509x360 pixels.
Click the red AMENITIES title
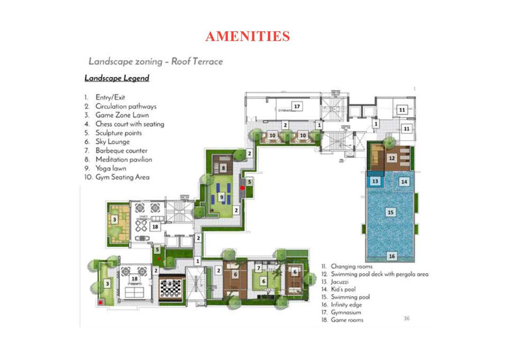[247, 36]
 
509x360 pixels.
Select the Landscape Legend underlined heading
[117, 78]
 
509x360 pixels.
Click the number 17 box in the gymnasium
[296, 106]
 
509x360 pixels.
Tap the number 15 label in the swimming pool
[390, 212]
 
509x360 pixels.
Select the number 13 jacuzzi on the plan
[375, 181]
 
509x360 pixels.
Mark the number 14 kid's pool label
[404, 181]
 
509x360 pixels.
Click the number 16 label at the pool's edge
[391, 256]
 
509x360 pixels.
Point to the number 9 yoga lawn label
[222, 198]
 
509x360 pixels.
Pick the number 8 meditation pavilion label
[224, 167]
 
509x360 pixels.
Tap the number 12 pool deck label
[392, 159]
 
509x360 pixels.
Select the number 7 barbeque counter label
[258, 268]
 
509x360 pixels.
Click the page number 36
[407, 318]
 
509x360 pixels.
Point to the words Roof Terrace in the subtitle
[197, 61]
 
